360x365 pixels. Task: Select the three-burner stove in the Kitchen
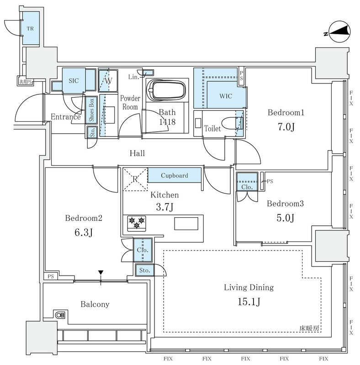[137, 224]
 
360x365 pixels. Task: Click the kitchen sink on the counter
[186, 224]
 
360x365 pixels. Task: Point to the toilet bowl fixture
[232, 124]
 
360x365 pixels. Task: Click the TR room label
[30, 29]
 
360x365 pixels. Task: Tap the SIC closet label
[74, 81]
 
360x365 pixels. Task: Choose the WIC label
[226, 96]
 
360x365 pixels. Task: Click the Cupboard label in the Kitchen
[175, 175]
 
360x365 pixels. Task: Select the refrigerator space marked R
[135, 179]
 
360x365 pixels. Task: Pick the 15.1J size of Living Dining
[249, 302]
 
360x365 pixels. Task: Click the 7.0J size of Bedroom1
[286, 127]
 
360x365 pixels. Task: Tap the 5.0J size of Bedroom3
[286, 218]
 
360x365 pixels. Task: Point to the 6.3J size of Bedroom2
[84, 232]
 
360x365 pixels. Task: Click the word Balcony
[95, 304]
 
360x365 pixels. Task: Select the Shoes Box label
[91, 109]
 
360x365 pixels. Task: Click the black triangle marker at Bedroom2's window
[101, 272]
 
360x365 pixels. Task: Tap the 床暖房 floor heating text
[309, 328]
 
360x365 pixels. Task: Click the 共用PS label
[26, 82]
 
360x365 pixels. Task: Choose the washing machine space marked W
[108, 81]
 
